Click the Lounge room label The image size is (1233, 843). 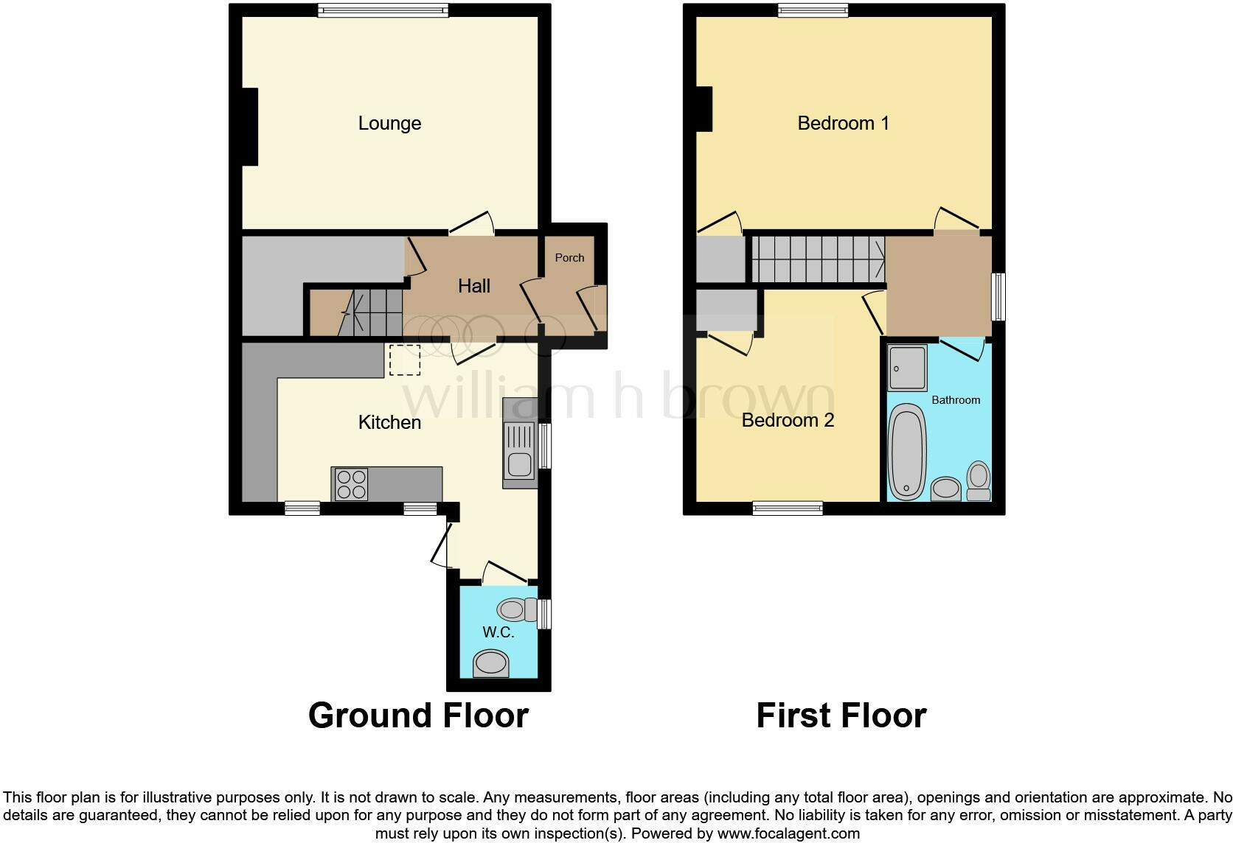[389, 123]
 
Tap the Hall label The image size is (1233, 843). [474, 286]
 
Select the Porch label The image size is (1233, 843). [569, 258]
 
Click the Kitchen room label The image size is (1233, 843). [389, 422]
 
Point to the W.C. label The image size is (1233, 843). [498, 632]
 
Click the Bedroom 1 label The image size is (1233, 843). [843, 123]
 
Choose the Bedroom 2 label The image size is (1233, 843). [788, 420]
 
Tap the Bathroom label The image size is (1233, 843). [956, 400]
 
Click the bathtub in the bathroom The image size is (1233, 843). [906, 452]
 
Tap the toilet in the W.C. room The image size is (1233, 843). [517, 609]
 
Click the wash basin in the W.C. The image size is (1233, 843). [491, 663]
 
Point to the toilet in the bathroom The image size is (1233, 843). [979, 482]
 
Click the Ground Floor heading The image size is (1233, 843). [418, 716]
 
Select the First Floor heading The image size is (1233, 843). [841, 716]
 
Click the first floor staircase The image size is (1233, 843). [817, 259]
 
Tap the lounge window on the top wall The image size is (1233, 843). [383, 10]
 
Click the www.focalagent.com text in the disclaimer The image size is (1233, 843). [788, 833]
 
